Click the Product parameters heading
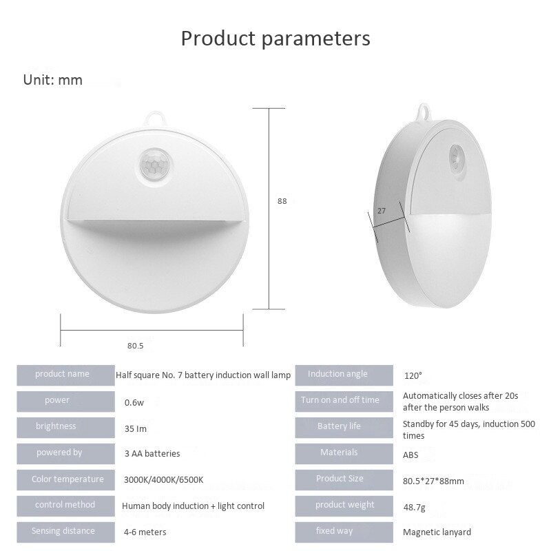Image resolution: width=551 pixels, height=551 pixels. [275, 38]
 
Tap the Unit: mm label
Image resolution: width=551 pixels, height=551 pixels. [53, 80]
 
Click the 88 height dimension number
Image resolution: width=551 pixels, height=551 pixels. [282, 201]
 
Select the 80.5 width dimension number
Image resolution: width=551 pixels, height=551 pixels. [135, 345]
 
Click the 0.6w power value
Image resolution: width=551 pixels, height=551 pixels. [134, 402]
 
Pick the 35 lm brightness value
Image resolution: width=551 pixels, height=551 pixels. [136, 428]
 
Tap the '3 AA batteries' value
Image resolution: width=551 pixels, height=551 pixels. [152, 454]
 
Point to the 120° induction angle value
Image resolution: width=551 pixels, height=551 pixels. [413, 376]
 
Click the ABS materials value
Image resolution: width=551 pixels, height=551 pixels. [410, 455]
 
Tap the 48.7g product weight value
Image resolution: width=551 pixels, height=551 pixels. [415, 506]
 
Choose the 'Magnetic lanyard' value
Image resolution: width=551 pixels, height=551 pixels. [437, 532]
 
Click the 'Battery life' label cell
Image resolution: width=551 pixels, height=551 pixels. [339, 426]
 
